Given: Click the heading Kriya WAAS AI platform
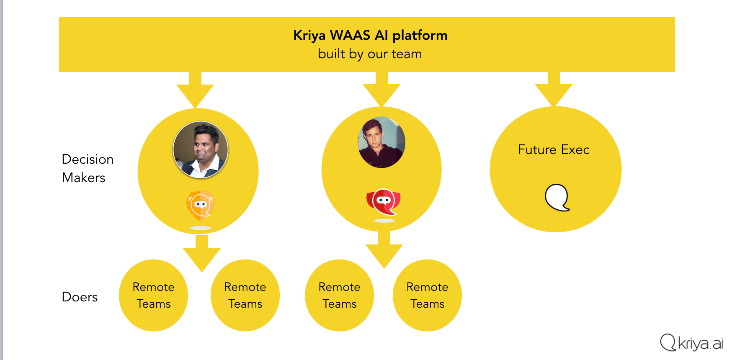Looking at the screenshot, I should pos(370,36).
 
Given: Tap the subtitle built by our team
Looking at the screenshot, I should pos(370,54).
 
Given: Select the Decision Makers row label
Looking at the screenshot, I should pos(88,168).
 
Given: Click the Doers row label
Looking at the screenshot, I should pos(80,297).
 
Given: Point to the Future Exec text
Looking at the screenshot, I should pos(554,150).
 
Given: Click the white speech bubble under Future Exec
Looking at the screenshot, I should pos(557,198).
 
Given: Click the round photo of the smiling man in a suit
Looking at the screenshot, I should pos(201,149).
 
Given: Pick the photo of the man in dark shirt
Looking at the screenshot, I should pos(381,142).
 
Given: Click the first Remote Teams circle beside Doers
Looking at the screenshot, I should pos(153,296).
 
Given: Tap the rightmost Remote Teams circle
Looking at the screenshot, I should pos(427,296).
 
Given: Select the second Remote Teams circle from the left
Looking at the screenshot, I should pos(245,296).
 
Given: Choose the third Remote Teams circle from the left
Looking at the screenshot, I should pos(339,296).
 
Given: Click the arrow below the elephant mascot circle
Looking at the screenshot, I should pos(384,251).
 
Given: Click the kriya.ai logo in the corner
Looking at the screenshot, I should pos(691,343).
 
